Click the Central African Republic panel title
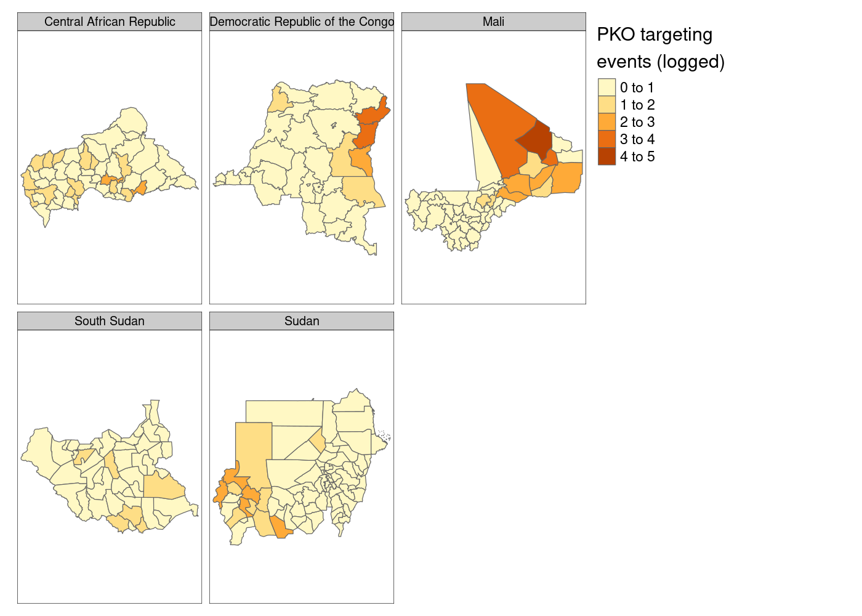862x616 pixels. pos(110,22)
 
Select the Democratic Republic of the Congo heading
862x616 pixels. pos(302,22)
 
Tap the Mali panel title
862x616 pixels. pos(493,22)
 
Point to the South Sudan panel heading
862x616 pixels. pos(110,321)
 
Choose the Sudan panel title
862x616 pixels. pos(302,321)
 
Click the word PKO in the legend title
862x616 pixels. pos(616,34)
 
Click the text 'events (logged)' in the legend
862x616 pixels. pos(661,62)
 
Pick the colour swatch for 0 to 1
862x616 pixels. pos(606,87)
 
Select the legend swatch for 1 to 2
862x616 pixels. pos(606,105)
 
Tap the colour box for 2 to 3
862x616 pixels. pos(606,122)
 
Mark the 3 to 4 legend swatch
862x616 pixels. pos(606,139)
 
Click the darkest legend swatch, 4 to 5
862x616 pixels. pos(606,156)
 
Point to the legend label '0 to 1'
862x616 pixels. pos(637,87)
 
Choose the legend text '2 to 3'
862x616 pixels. pos(637,122)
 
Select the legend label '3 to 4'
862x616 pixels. pos(637,139)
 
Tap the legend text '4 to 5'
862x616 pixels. pos(637,156)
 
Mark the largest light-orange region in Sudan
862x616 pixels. pos(253,447)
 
